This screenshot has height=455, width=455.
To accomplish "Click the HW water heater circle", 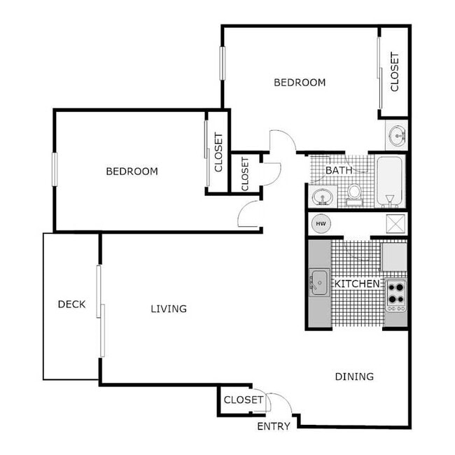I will click(321, 224).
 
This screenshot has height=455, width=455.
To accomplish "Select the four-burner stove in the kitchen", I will click(396, 295).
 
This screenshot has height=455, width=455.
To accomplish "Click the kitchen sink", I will click(319, 283).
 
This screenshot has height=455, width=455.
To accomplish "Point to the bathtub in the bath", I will click(391, 181).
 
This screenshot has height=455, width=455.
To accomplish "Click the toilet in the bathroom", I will click(355, 192).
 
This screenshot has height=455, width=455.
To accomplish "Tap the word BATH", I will click(339, 170).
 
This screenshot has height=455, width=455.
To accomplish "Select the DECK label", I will click(71, 304).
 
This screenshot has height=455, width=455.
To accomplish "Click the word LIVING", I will click(169, 309).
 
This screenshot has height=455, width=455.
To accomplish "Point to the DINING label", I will click(353, 377).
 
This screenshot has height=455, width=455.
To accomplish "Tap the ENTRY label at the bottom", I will click(273, 426).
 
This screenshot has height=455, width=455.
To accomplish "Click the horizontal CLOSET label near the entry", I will click(243, 400).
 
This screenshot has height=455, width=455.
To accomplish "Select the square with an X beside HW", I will click(395, 224).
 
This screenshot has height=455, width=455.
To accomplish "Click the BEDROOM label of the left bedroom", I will click(132, 171).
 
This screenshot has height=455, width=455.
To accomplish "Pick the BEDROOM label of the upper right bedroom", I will click(299, 83).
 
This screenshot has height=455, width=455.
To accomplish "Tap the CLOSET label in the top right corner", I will click(394, 71).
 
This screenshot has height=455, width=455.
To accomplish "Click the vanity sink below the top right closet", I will click(397, 135).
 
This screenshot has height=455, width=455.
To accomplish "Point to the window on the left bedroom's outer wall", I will click(54, 169).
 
